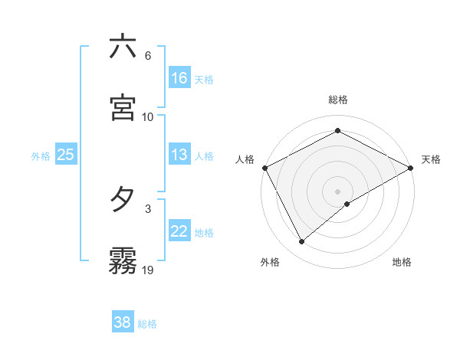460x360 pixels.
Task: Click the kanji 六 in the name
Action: pyautogui.click(x=123, y=47)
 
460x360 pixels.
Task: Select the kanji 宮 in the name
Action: pyautogui.click(x=123, y=108)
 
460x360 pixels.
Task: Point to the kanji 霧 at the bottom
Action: pyautogui.click(x=123, y=261)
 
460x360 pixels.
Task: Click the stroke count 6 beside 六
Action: pyautogui.click(x=147, y=56)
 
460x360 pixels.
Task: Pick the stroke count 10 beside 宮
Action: pyautogui.click(x=147, y=116)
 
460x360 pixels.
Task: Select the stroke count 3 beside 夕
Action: pyautogui.click(x=147, y=208)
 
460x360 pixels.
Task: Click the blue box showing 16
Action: pyautogui.click(x=179, y=77)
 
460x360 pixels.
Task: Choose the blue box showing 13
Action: pyautogui.click(x=179, y=155)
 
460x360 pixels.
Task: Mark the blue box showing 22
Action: pyautogui.click(x=179, y=231)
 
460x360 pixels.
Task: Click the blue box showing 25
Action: pyautogui.click(x=65, y=155)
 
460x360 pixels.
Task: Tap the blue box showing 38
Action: pyautogui.click(x=122, y=322)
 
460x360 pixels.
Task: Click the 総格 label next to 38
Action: pyautogui.click(x=147, y=324)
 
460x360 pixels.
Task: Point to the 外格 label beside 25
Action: pyautogui.click(x=41, y=156)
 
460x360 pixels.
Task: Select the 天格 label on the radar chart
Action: pyautogui.click(x=432, y=159)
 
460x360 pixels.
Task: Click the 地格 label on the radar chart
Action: pyautogui.click(x=402, y=262)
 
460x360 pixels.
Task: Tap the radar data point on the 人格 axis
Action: pyautogui.click(x=264, y=167)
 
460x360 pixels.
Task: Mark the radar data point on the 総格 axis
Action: pyautogui.click(x=337, y=131)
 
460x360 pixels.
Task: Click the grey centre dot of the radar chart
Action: pyautogui.click(x=337, y=191)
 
